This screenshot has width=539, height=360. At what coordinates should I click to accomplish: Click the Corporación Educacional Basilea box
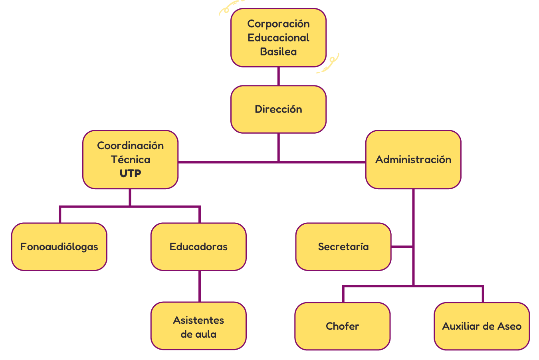(278, 38)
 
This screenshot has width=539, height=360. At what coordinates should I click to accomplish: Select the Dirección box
(278, 109)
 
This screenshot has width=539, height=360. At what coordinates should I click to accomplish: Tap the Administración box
(413, 160)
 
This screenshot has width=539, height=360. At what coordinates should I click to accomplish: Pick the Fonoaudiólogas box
(59, 247)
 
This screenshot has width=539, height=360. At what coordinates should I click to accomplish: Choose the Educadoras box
(198, 247)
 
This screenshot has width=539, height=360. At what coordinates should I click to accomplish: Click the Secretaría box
(343, 247)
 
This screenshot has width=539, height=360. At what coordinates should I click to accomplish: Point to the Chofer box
(342, 326)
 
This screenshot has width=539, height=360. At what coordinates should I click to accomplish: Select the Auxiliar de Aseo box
(482, 326)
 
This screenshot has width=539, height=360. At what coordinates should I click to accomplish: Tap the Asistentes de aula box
(198, 326)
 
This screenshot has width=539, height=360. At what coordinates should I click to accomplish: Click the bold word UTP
(130, 174)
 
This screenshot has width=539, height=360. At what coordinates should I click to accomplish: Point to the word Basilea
(278, 51)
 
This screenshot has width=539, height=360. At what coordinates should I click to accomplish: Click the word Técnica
(130, 160)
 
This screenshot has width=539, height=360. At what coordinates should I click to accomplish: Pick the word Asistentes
(198, 320)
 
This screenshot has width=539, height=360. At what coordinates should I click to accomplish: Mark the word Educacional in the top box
(278, 38)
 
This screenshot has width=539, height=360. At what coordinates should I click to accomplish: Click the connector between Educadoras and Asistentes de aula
(199, 286)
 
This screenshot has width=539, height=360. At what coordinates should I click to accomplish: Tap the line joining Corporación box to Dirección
(278, 76)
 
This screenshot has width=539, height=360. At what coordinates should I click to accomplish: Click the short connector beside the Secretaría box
(402, 247)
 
